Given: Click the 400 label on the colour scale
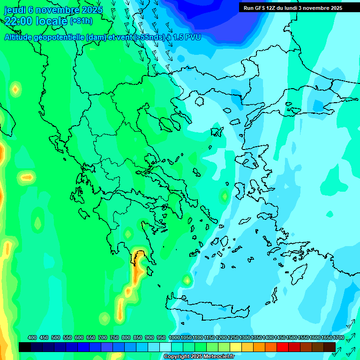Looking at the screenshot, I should click(x=32, y=338).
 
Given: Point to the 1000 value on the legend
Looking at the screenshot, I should click(x=174, y=338).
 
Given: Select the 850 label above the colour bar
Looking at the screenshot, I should click(x=138, y=338).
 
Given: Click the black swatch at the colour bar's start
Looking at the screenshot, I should click(x=25, y=347).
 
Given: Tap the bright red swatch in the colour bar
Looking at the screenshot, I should click(x=283, y=347).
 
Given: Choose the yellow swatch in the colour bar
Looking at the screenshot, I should click(x=236, y=347).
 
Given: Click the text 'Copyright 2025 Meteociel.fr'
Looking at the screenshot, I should click(x=206, y=357).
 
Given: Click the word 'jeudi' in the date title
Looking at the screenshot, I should click(x=15, y=10).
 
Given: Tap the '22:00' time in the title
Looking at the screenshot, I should click(x=19, y=21).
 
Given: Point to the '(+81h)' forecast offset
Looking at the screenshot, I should click(x=81, y=21).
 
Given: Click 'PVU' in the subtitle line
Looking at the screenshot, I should click(x=192, y=37).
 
